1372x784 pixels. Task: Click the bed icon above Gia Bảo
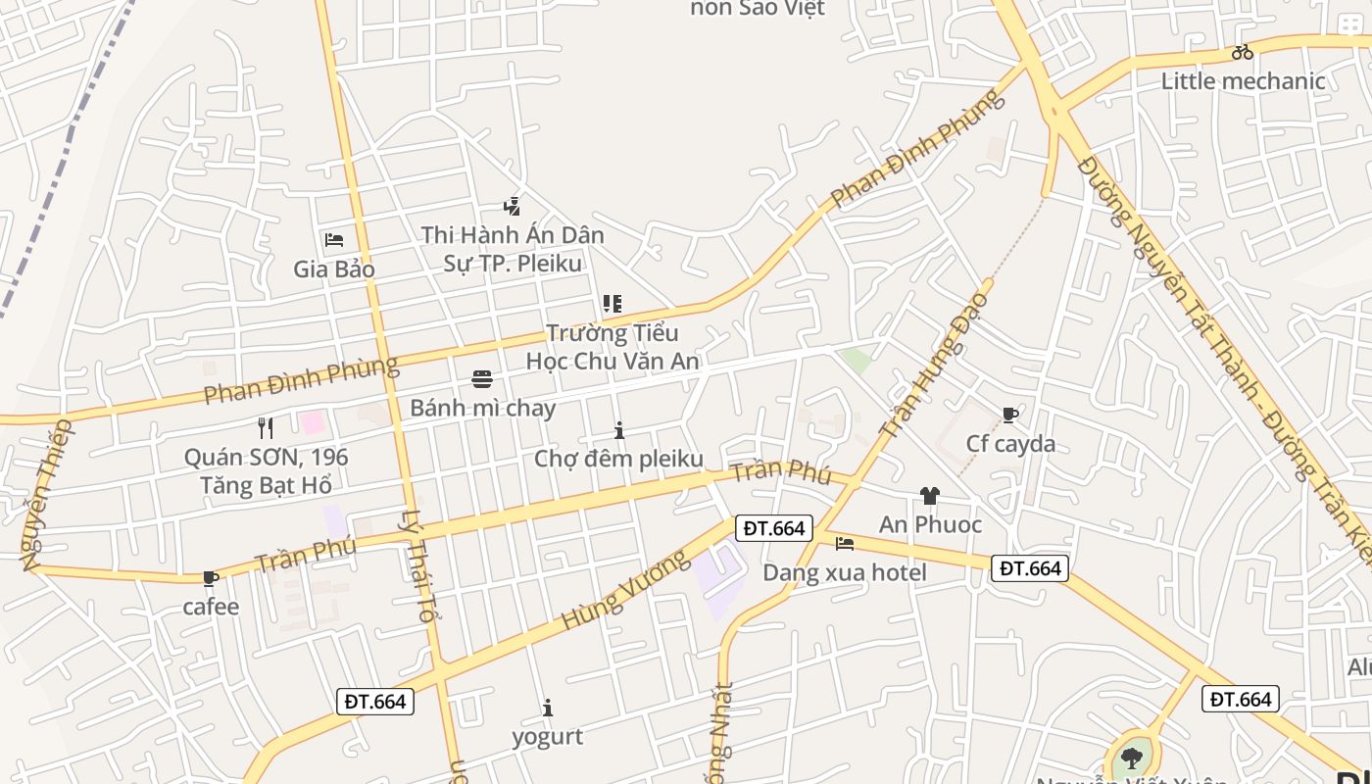click(x=334, y=239)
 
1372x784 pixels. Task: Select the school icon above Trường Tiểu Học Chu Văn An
click(x=612, y=304)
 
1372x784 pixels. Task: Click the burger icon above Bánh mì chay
click(x=482, y=379)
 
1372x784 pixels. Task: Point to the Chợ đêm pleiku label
click(x=618, y=459)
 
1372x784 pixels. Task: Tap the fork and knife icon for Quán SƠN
click(x=265, y=427)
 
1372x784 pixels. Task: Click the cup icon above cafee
click(x=210, y=579)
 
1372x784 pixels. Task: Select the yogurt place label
click(x=547, y=736)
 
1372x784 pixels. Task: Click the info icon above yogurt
click(x=548, y=708)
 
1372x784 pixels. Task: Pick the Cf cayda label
click(x=1010, y=444)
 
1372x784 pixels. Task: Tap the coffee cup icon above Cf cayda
click(x=1010, y=416)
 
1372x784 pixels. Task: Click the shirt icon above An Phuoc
click(x=929, y=496)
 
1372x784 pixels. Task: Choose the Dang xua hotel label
click(x=845, y=572)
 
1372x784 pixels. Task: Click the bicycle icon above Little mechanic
click(x=1243, y=52)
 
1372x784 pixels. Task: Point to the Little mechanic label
click(x=1243, y=80)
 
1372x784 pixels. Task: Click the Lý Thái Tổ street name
click(x=417, y=565)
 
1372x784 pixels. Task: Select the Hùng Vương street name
click(x=624, y=590)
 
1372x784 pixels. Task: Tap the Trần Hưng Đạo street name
click(x=935, y=365)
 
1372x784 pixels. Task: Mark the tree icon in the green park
click(x=1132, y=758)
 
